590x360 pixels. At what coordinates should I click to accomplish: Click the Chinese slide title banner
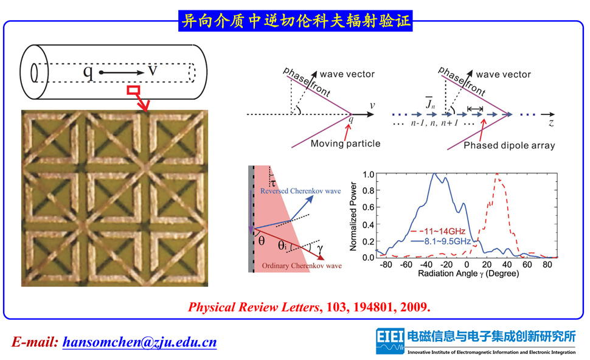click(296, 21)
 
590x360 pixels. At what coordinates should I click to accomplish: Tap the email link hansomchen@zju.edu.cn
click(140, 342)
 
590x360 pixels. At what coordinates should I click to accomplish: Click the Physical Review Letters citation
click(309, 307)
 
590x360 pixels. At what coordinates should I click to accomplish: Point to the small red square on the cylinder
click(134, 90)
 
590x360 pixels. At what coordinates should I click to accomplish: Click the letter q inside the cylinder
click(88, 72)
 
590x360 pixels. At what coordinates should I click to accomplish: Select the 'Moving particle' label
click(345, 144)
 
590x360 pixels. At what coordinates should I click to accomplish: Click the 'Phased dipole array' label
click(509, 145)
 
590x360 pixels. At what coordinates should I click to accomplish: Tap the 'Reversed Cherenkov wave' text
click(300, 191)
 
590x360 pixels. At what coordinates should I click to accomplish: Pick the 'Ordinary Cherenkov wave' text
click(302, 266)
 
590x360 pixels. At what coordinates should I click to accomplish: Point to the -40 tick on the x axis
click(426, 265)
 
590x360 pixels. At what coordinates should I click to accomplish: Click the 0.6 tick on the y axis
click(369, 207)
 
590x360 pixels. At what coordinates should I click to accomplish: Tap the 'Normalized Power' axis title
click(353, 216)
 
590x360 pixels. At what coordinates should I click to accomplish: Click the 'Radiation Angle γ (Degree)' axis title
click(468, 274)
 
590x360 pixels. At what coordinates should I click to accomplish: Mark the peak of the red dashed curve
click(497, 173)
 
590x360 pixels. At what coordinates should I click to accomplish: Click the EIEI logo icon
click(390, 341)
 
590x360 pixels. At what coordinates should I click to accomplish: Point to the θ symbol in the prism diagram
click(262, 241)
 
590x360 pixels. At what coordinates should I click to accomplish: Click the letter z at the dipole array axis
click(551, 123)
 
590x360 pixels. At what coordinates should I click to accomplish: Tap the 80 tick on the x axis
click(547, 265)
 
